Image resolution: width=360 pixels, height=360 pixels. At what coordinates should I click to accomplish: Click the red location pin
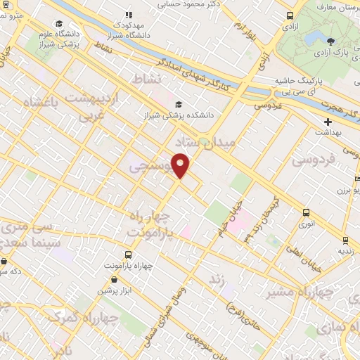181,165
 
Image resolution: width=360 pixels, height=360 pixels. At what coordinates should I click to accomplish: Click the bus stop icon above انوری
306,212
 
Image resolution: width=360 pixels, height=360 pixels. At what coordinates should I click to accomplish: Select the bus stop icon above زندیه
344,238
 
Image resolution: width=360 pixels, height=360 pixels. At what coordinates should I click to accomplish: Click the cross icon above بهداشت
328,122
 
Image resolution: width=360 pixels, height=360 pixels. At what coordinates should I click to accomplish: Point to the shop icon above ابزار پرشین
104,279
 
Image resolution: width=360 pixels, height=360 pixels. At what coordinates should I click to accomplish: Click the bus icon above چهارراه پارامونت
128,255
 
